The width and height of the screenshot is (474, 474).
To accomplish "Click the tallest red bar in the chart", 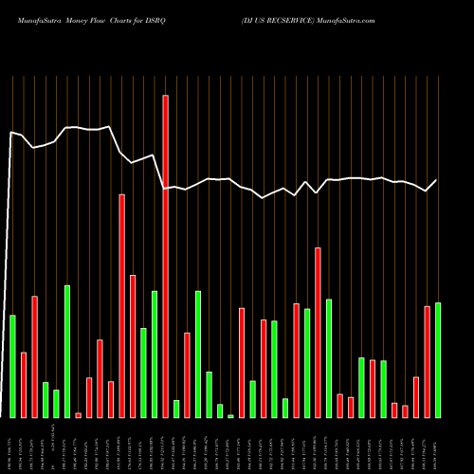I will tap(165, 256).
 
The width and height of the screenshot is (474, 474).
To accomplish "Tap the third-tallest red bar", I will tap(318, 332).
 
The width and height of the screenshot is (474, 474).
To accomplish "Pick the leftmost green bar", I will tap(12, 366).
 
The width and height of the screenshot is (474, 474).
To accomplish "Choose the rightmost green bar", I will tap(437, 359).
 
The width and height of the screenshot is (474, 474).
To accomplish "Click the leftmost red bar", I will tap(24, 384).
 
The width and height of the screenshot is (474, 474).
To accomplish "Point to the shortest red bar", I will tap(79, 414).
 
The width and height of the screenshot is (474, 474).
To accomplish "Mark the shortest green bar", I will tap(230, 415).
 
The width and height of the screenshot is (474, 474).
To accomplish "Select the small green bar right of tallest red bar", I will tap(176, 409).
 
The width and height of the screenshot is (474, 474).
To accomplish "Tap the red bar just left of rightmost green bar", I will tap(427, 361).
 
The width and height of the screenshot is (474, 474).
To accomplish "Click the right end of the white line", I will tap(437, 180).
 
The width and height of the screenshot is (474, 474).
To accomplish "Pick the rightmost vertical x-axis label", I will tap(437, 447).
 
